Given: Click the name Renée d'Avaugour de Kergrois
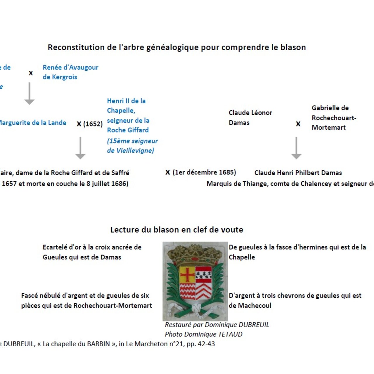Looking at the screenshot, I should click(70, 72).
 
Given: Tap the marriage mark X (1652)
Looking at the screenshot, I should click(89, 124).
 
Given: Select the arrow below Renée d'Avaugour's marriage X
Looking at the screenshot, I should click(29, 93).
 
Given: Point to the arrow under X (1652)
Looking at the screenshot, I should click(80, 148).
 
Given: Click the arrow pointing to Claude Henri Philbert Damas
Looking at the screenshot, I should click(296, 148).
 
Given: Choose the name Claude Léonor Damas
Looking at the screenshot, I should click(250, 117).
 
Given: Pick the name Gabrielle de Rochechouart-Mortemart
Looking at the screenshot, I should click(334, 118).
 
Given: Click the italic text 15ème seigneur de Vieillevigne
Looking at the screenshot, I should click(132, 146).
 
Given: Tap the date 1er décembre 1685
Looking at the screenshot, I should click(204, 172).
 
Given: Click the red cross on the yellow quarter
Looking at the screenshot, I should click(187, 274).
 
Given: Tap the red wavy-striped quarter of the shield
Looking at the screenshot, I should click(187, 291).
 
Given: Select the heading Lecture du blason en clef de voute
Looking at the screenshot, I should click(176, 230).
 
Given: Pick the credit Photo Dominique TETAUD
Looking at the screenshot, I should click(203, 334).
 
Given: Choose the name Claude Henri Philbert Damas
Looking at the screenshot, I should click(298, 173).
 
